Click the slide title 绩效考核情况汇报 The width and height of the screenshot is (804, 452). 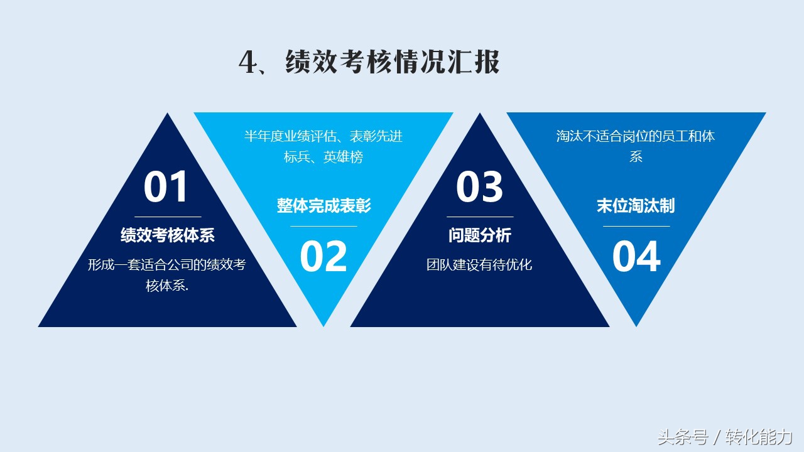click(393, 62)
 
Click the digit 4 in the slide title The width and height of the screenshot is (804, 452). click(249, 62)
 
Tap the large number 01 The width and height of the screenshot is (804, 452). click(165, 186)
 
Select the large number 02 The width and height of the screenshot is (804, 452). click(323, 256)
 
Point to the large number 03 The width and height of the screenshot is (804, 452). click(479, 186)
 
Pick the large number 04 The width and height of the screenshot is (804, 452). click(636, 256)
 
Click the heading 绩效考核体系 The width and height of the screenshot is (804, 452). click(168, 235)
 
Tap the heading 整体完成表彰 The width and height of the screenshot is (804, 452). click(323, 205)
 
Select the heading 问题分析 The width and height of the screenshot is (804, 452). click(480, 235)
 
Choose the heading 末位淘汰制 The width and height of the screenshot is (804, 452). click(636, 205)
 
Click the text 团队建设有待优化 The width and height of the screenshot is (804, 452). click(479, 265)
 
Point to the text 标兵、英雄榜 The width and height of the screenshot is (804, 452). click(323, 157)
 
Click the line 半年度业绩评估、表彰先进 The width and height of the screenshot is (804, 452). click(323, 136)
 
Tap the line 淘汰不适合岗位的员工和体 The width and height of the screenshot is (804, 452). click(636, 136)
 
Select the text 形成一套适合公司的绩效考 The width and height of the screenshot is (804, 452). click(167, 265)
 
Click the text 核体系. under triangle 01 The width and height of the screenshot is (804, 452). click(167, 286)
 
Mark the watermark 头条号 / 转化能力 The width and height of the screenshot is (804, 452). click(725, 437)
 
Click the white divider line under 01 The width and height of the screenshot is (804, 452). click(168, 217)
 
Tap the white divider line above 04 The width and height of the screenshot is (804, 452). click(636, 227)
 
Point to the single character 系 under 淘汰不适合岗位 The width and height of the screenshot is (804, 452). click(636, 157)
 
